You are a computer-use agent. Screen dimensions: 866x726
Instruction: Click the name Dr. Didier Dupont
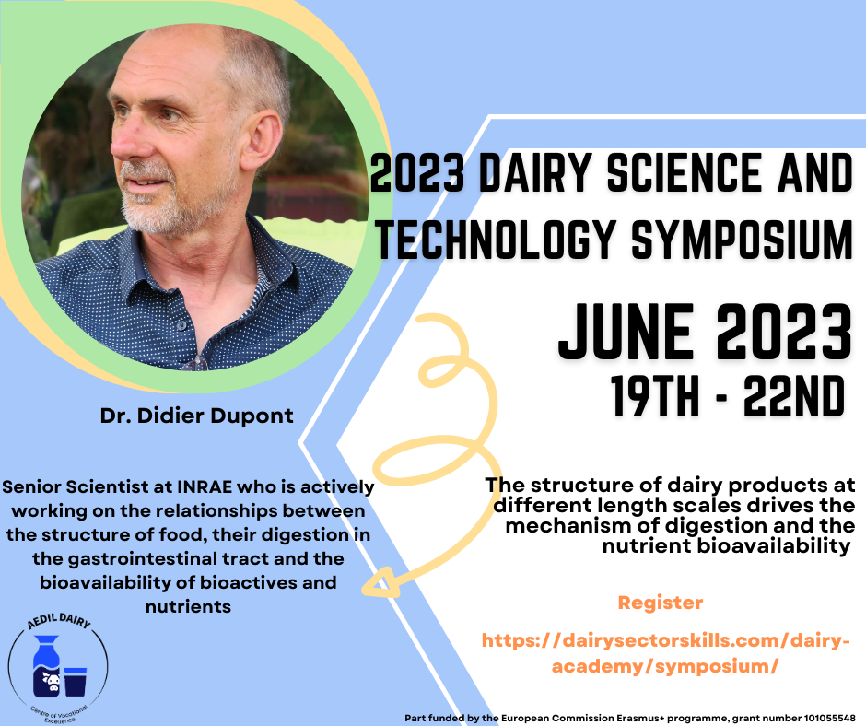[196, 416]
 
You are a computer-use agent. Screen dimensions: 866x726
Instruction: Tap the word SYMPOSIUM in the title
[742, 240]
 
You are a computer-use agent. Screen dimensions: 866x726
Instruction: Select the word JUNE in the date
[626, 332]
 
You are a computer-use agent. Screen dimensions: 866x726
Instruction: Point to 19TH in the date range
[655, 396]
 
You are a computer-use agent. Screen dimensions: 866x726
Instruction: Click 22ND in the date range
[793, 396]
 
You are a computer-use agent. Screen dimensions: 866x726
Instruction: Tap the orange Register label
[660, 603]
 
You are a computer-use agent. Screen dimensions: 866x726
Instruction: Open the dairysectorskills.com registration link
[665, 653]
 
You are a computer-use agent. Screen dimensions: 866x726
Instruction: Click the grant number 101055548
[829, 719]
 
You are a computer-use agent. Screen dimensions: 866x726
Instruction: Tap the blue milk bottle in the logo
[46, 666]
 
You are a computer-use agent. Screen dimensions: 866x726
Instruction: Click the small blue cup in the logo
[76, 681]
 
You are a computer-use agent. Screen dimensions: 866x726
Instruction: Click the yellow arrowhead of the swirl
[380, 583]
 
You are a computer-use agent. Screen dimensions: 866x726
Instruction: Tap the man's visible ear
[263, 141]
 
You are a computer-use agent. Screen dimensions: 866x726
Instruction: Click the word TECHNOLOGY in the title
[496, 240]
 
